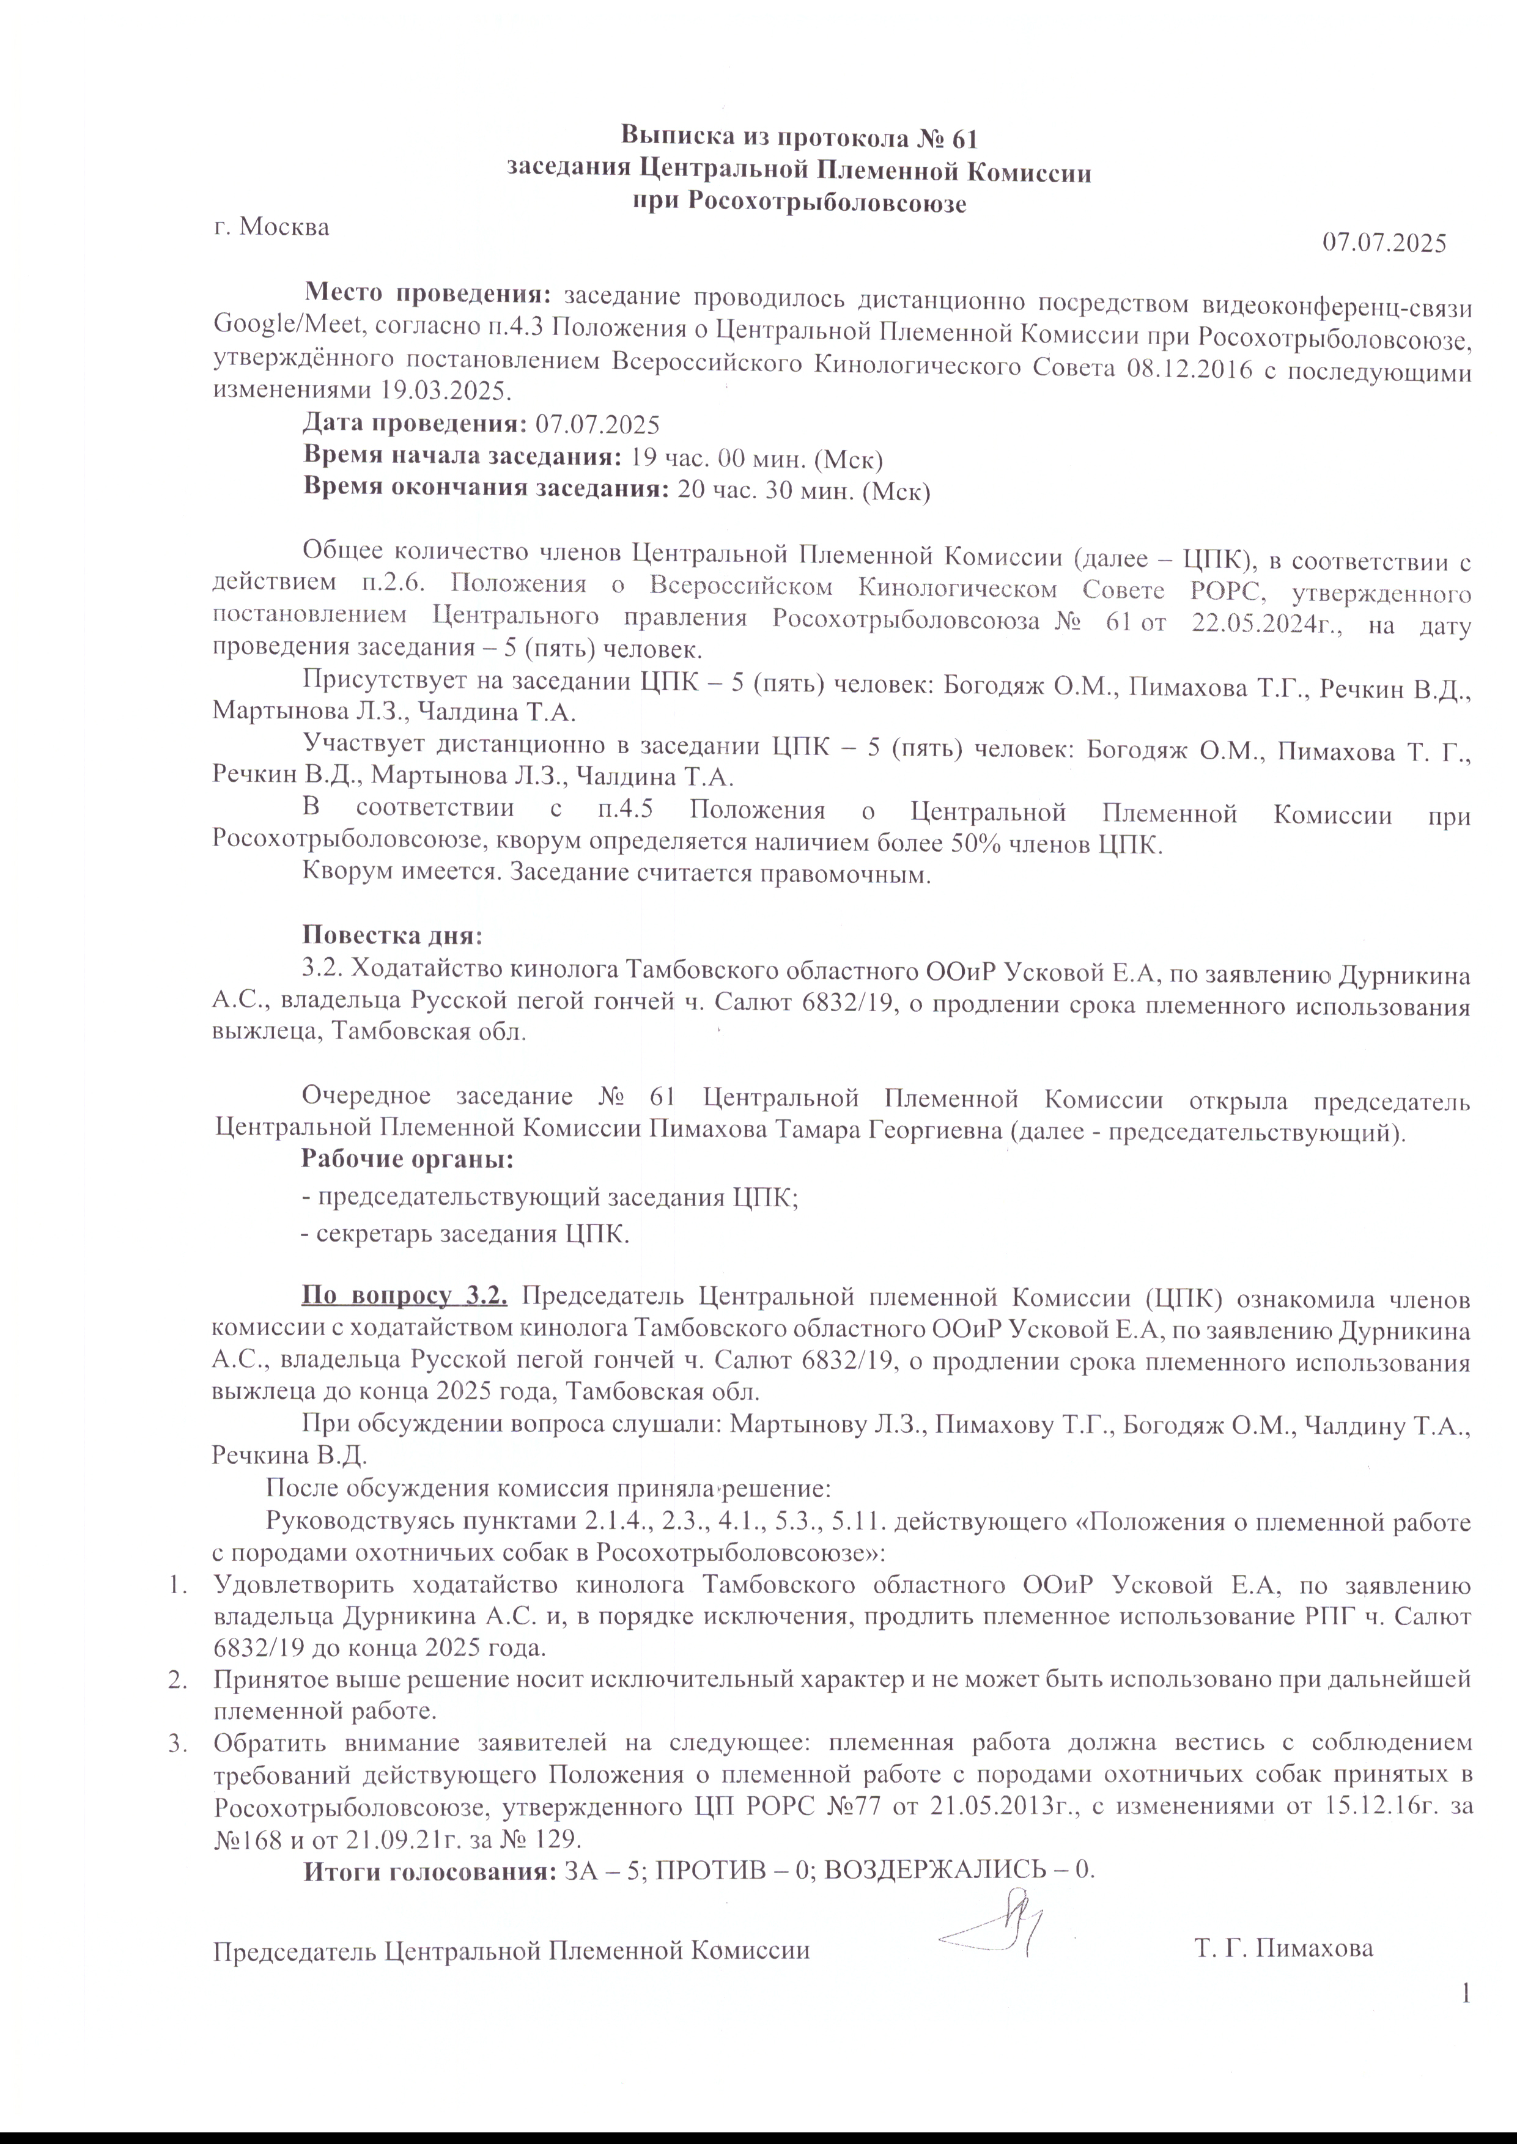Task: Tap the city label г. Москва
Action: coord(271,227)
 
